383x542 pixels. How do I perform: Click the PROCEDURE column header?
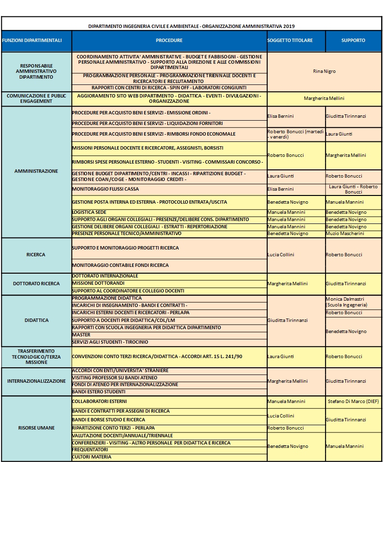(169, 41)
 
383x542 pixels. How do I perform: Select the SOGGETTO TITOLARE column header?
(296, 41)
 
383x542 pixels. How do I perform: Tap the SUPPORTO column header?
(353, 41)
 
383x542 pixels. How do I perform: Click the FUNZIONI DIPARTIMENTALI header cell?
(32, 41)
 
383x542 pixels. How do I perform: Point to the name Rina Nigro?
(324, 71)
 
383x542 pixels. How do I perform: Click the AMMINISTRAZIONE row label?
(36, 171)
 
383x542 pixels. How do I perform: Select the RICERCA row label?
(36, 255)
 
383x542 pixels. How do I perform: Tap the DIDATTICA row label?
(36, 320)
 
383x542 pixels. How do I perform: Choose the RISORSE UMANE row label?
(36, 428)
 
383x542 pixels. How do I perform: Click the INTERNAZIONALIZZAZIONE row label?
(36, 381)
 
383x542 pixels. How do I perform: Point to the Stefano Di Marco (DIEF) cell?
(353, 402)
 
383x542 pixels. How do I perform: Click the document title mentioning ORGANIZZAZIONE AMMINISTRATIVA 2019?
(191, 27)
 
